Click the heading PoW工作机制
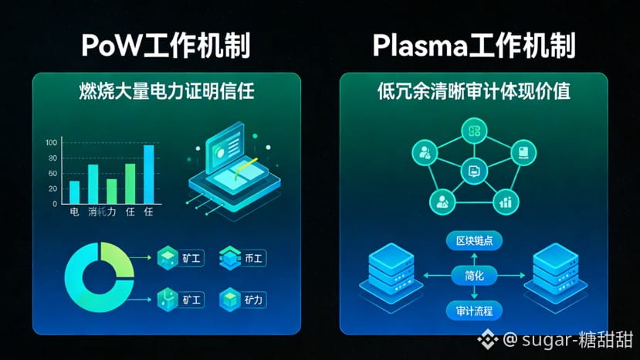[166, 46]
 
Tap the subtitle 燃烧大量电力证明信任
[166, 91]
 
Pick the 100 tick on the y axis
[52, 143]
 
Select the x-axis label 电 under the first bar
[74, 212]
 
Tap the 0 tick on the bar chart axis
[55, 204]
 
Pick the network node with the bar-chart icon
[506, 202]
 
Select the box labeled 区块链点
[474, 241]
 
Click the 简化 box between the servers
[474, 276]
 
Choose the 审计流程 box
[474, 311]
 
